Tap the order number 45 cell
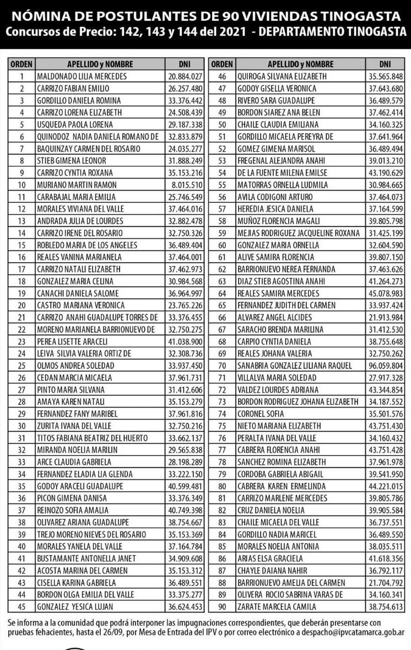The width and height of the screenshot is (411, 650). click(x=22, y=606)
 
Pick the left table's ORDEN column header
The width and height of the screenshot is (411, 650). click(x=22, y=64)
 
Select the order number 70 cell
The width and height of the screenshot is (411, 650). click(x=223, y=365)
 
